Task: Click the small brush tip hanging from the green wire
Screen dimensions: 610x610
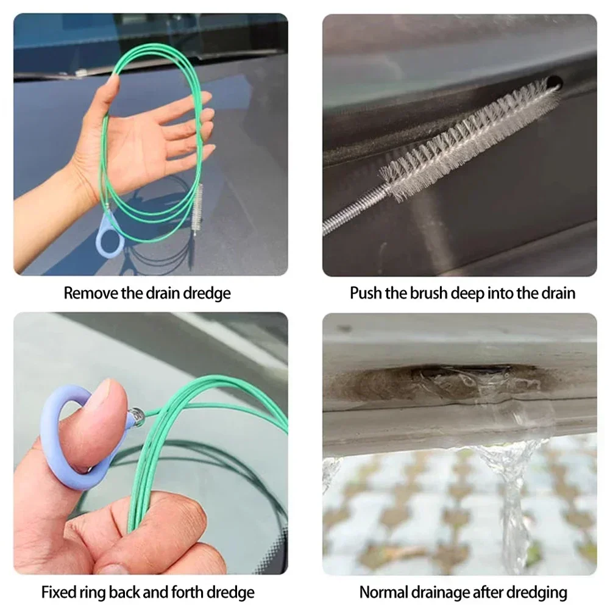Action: (197, 209)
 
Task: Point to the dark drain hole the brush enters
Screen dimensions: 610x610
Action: (554, 83)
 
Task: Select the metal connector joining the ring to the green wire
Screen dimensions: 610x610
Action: (137, 416)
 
